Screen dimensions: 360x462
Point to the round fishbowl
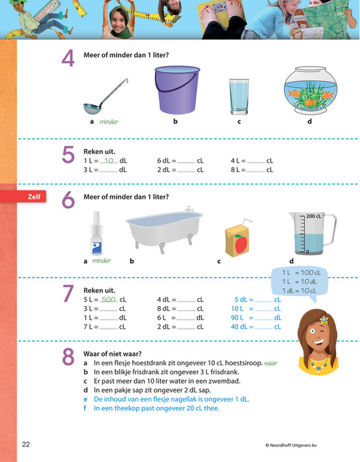point(310,90)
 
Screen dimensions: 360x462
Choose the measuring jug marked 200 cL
point(310,233)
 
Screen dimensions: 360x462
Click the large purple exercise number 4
point(68,59)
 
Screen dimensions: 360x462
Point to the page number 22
point(26,444)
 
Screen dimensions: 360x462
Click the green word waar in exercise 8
point(271,363)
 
